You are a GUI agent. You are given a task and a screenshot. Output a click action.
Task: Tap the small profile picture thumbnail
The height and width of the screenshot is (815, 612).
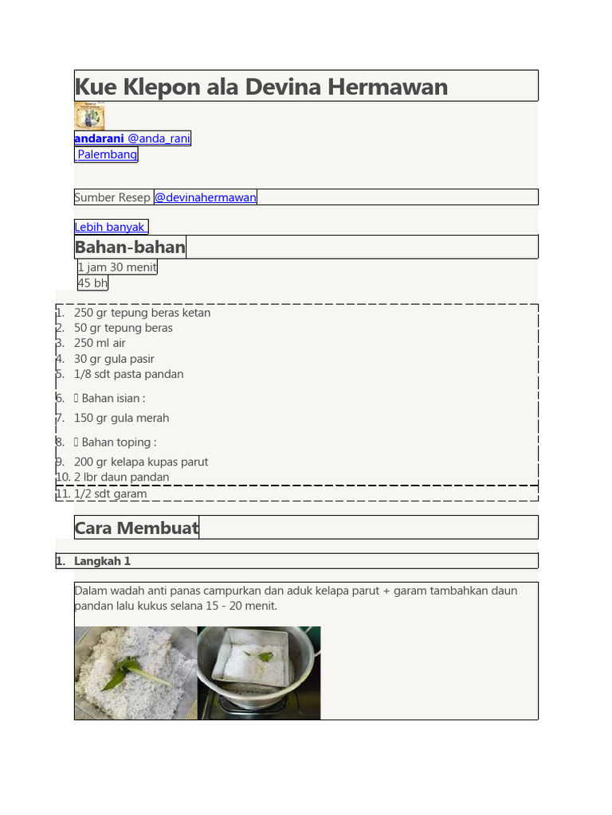click(89, 116)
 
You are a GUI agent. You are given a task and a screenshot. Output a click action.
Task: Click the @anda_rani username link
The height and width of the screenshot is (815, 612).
click(159, 138)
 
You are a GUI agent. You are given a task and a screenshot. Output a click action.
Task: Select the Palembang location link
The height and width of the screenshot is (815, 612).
click(107, 154)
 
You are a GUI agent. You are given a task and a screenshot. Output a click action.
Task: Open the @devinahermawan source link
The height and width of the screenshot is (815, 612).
click(206, 197)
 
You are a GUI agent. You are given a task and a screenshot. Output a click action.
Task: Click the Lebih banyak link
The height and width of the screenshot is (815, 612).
click(110, 227)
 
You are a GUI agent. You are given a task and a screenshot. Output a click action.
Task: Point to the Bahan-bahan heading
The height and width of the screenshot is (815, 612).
click(130, 248)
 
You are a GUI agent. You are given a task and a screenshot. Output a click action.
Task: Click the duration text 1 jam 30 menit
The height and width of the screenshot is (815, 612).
click(117, 267)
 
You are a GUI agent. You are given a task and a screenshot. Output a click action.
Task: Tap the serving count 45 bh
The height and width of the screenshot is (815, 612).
click(92, 283)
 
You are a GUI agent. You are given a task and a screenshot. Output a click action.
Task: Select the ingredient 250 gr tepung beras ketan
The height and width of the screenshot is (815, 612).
click(142, 313)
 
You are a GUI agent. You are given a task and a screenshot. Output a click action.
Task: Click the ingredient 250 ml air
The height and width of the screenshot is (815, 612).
click(100, 343)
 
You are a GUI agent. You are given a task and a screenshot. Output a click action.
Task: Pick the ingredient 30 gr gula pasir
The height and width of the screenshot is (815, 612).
click(114, 359)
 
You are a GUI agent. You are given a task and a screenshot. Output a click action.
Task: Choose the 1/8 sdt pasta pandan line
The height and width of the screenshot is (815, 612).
click(128, 374)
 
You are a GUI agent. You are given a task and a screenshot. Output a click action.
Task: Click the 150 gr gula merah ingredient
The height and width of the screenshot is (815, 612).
click(121, 418)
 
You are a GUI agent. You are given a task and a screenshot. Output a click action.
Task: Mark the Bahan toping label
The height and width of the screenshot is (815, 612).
click(119, 442)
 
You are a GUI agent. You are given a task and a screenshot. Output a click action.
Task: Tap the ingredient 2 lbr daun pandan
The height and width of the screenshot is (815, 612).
click(121, 478)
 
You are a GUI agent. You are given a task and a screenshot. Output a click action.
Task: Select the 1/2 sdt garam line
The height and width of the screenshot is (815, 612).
click(110, 493)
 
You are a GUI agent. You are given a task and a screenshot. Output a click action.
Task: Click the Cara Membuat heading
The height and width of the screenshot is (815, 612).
click(136, 528)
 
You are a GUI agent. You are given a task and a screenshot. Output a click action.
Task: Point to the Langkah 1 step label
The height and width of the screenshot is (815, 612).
click(102, 561)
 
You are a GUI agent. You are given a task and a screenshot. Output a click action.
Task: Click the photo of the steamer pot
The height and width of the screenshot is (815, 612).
click(258, 673)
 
